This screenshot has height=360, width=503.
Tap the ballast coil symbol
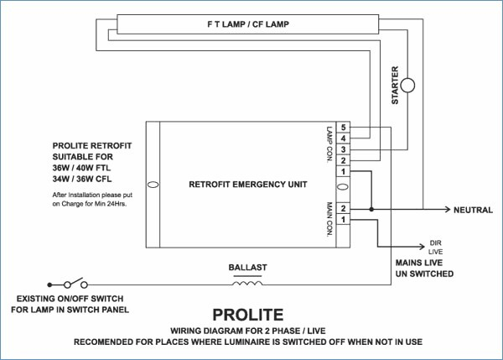[x=247, y=284]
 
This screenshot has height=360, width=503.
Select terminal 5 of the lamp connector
[x=343, y=128]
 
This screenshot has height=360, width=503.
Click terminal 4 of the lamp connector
[x=343, y=138]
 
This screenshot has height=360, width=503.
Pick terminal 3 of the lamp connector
[x=343, y=149]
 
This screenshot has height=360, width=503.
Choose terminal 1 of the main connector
[x=343, y=220]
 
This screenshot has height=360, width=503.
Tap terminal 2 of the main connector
[x=343, y=209]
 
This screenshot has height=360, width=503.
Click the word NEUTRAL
[x=473, y=210]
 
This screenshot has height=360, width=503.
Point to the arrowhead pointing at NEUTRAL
[x=448, y=210]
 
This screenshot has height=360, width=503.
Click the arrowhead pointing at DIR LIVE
[x=422, y=247]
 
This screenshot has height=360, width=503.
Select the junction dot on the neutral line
[x=371, y=210]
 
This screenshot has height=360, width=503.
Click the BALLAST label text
[x=247, y=268]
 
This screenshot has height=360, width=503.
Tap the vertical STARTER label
[x=395, y=85]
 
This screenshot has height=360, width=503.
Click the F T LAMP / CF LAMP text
[x=248, y=24]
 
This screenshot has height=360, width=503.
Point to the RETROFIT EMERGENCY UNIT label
[x=248, y=185]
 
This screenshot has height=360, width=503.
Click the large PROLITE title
[x=248, y=315]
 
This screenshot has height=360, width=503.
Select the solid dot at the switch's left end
[x=49, y=284]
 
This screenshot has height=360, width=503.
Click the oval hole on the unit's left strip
[x=153, y=185]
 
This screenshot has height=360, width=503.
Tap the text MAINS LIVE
[x=419, y=263]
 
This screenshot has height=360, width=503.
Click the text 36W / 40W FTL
[x=81, y=168]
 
